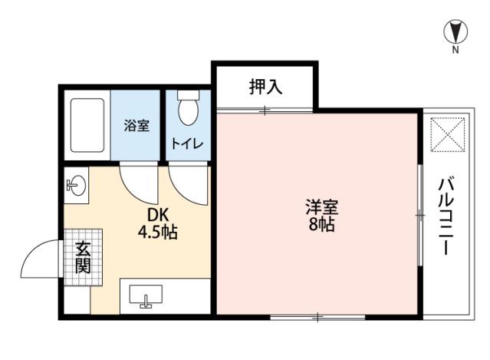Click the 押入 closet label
pos(265,87)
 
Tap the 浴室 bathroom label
pos(136,125)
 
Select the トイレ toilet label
pos(187,144)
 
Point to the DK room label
pos(158,215)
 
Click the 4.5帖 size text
pos(158,232)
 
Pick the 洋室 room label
pos(322,206)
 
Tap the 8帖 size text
pos(322,224)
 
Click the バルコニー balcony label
pos(446,216)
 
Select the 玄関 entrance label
pos(83,257)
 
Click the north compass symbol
pos(455,32)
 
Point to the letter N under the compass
pos(455,50)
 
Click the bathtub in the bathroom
pos(87,125)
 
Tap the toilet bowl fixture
pos(189,108)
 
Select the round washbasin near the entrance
pos(76,185)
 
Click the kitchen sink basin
pos(146,295)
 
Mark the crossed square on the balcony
pos(448,134)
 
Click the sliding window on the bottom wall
pos(317,317)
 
